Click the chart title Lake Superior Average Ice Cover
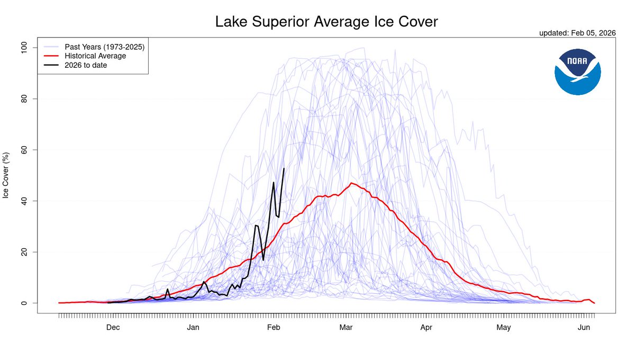click(326, 22)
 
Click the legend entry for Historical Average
click(95, 56)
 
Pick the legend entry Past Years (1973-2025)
click(104, 47)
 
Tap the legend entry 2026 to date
click(86, 65)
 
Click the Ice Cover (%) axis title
click(6, 175)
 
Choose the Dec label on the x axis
click(113, 328)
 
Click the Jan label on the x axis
click(193, 328)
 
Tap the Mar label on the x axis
click(346, 328)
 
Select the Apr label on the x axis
click(426, 328)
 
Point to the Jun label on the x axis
click(584, 328)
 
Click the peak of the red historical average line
click(351, 183)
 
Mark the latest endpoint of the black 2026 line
click(284, 168)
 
